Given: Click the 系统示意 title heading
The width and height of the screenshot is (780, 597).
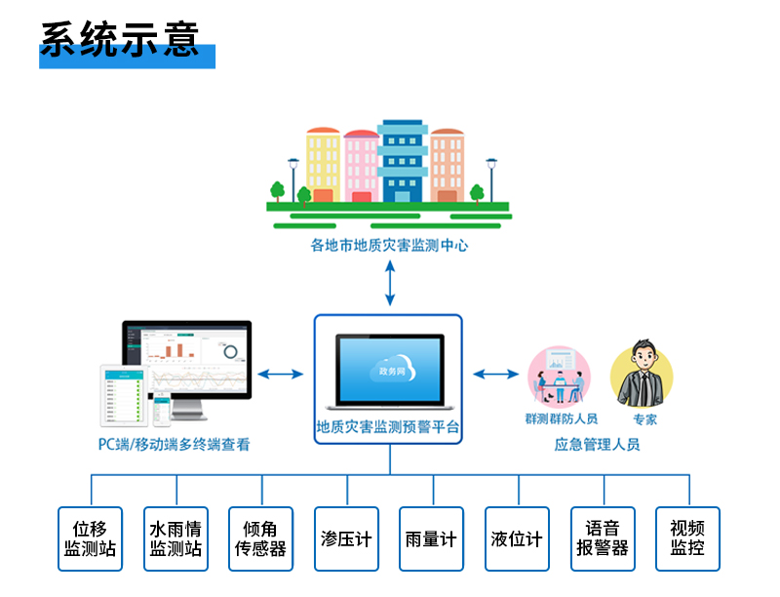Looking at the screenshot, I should click(x=120, y=38).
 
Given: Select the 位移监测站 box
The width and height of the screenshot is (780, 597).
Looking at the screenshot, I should click(x=90, y=538).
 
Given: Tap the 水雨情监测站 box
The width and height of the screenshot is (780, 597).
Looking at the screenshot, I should click(x=175, y=538).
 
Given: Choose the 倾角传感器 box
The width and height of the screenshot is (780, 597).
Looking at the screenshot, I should click(x=260, y=538).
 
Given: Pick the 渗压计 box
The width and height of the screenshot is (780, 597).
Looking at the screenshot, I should click(x=346, y=538).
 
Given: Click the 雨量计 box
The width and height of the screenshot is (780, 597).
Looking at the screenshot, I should click(x=431, y=538).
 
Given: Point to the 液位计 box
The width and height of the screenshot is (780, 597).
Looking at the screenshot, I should click(x=517, y=538).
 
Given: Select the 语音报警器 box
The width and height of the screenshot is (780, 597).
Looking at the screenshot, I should click(x=603, y=538).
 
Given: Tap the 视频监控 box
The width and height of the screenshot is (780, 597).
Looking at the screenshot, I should click(x=687, y=538).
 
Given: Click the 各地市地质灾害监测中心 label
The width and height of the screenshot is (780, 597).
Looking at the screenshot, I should click(x=389, y=246).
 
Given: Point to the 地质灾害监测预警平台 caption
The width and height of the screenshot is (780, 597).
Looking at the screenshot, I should click(x=388, y=426).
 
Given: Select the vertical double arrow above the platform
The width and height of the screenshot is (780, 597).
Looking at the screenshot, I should click(x=389, y=283).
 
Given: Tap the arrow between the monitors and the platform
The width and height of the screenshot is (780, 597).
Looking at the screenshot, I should click(x=281, y=373).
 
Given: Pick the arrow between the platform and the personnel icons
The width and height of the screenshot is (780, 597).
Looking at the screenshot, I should click(x=496, y=373).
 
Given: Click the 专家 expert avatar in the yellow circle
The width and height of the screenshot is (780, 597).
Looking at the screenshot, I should click(x=641, y=376).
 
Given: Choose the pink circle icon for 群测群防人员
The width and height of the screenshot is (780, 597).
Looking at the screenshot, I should click(x=559, y=376).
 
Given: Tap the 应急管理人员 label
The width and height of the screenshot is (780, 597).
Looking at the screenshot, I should click(x=597, y=445).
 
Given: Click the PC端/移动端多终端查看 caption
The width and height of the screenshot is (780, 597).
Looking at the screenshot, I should click(x=175, y=445).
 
